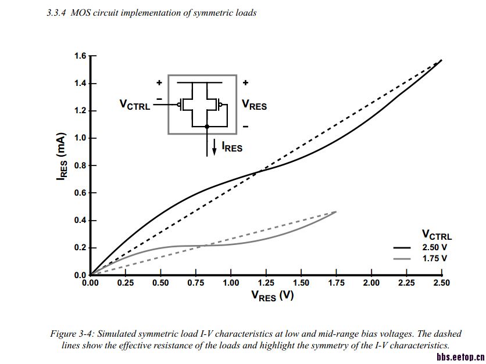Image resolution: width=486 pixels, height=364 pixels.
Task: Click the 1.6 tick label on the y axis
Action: click(x=80, y=56)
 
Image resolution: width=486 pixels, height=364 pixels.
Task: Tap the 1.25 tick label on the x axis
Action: click(x=266, y=283)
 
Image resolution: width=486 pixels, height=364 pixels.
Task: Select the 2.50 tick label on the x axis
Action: click(x=441, y=283)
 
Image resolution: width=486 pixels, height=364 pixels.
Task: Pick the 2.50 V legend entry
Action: click(x=434, y=247)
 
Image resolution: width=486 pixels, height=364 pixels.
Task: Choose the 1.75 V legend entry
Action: click(x=434, y=258)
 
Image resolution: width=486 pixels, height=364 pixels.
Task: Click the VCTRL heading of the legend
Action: click(x=437, y=235)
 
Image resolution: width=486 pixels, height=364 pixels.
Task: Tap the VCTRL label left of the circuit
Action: click(x=135, y=105)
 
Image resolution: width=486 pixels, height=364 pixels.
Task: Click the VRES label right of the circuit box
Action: click(x=254, y=105)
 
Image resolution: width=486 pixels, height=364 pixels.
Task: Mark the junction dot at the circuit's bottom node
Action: click(x=199, y=126)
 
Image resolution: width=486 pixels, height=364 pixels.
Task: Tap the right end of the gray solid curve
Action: click(x=335, y=212)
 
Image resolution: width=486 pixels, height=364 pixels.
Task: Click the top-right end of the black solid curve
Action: click(x=441, y=60)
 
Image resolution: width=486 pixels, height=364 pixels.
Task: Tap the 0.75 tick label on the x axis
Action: click(x=195, y=283)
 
